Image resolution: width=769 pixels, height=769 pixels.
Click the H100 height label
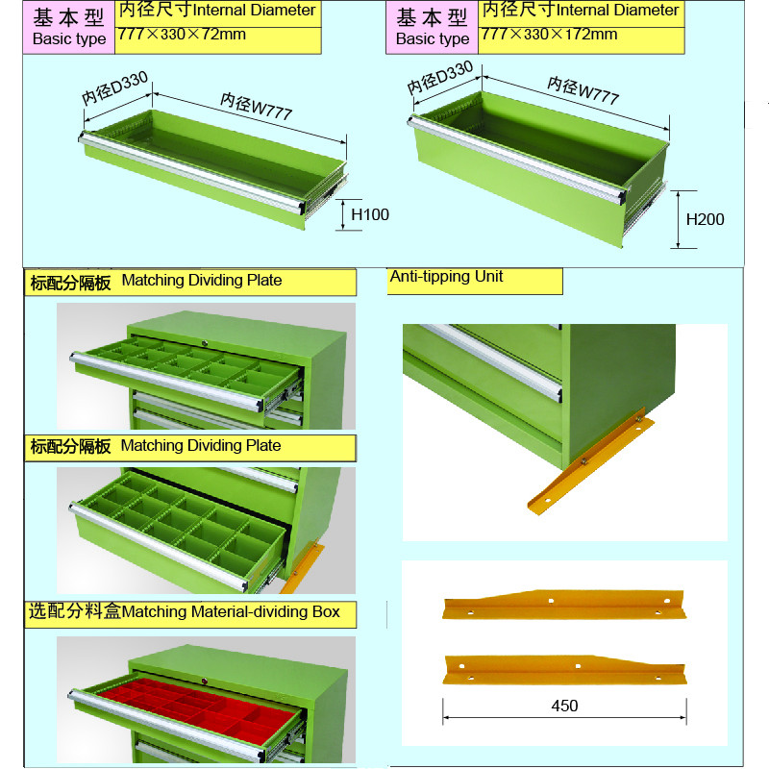click(x=370, y=214)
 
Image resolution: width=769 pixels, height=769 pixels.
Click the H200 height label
click(x=705, y=219)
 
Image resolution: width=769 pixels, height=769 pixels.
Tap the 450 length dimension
click(x=564, y=706)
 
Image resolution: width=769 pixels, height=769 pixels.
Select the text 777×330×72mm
click(x=182, y=35)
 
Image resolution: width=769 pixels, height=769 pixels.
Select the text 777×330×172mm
click(x=549, y=35)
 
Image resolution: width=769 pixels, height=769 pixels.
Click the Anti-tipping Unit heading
click(x=446, y=277)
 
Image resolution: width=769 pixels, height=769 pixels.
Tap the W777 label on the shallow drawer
click(x=256, y=107)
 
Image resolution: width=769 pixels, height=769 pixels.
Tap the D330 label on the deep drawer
click(x=440, y=77)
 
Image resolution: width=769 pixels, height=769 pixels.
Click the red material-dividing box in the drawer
click(x=200, y=703)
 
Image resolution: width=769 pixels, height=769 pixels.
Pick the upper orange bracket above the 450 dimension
click(x=564, y=605)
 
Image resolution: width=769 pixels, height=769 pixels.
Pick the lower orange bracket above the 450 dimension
click(x=564, y=669)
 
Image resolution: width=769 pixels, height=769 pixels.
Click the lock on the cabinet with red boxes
click(x=205, y=681)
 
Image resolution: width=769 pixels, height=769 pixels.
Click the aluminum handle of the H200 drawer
click(x=517, y=160)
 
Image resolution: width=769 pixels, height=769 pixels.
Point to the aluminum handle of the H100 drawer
click(x=192, y=173)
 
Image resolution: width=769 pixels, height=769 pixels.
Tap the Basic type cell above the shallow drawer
click(x=68, y=28)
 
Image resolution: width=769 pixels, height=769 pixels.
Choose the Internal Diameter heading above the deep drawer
click(x=581, y=11)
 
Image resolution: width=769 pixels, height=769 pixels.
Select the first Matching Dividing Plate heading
click(x=157, y=281)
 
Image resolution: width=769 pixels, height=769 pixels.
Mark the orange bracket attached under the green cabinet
click(x=590, y=460)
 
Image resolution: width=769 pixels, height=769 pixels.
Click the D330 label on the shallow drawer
click(x=114, y=87)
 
